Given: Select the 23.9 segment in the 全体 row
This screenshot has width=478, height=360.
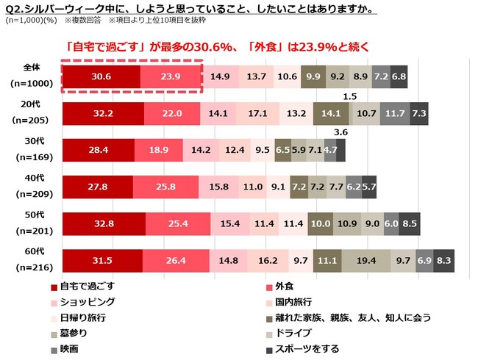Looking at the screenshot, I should pos(170,76).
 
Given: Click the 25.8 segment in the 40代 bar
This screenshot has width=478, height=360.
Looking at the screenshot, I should pos(167,187).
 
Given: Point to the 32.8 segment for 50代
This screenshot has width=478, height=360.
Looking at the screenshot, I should pos(104,223).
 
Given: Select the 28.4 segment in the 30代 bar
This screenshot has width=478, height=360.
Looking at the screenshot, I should pos(98,150).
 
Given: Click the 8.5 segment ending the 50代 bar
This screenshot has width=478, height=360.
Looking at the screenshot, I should pos(410,223).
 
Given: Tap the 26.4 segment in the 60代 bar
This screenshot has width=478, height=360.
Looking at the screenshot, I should pos(176,260).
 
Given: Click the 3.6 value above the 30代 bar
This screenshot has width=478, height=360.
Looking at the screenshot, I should pos(340,132).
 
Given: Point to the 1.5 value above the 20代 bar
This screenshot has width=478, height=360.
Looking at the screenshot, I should pos(350,96).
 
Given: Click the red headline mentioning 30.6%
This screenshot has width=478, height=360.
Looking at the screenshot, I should pos(217,47).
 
